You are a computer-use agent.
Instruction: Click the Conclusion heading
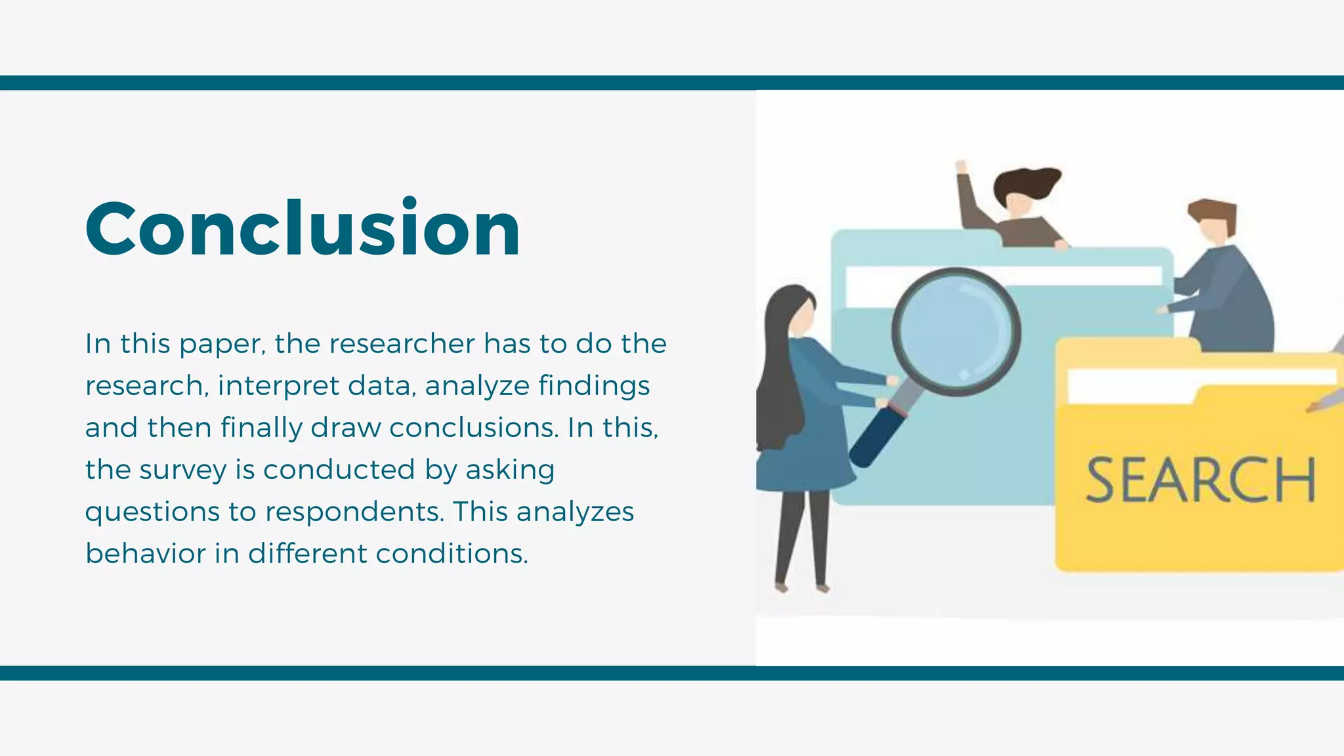tap(303, 228)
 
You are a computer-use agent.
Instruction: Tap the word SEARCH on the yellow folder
tap(1200, 480)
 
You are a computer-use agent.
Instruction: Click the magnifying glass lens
tap(955, 331)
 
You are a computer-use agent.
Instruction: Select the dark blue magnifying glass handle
tap(877, 437)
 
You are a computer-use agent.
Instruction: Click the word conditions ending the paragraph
tap(451, 553)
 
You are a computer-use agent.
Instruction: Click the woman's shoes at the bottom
tap(801, 587)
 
